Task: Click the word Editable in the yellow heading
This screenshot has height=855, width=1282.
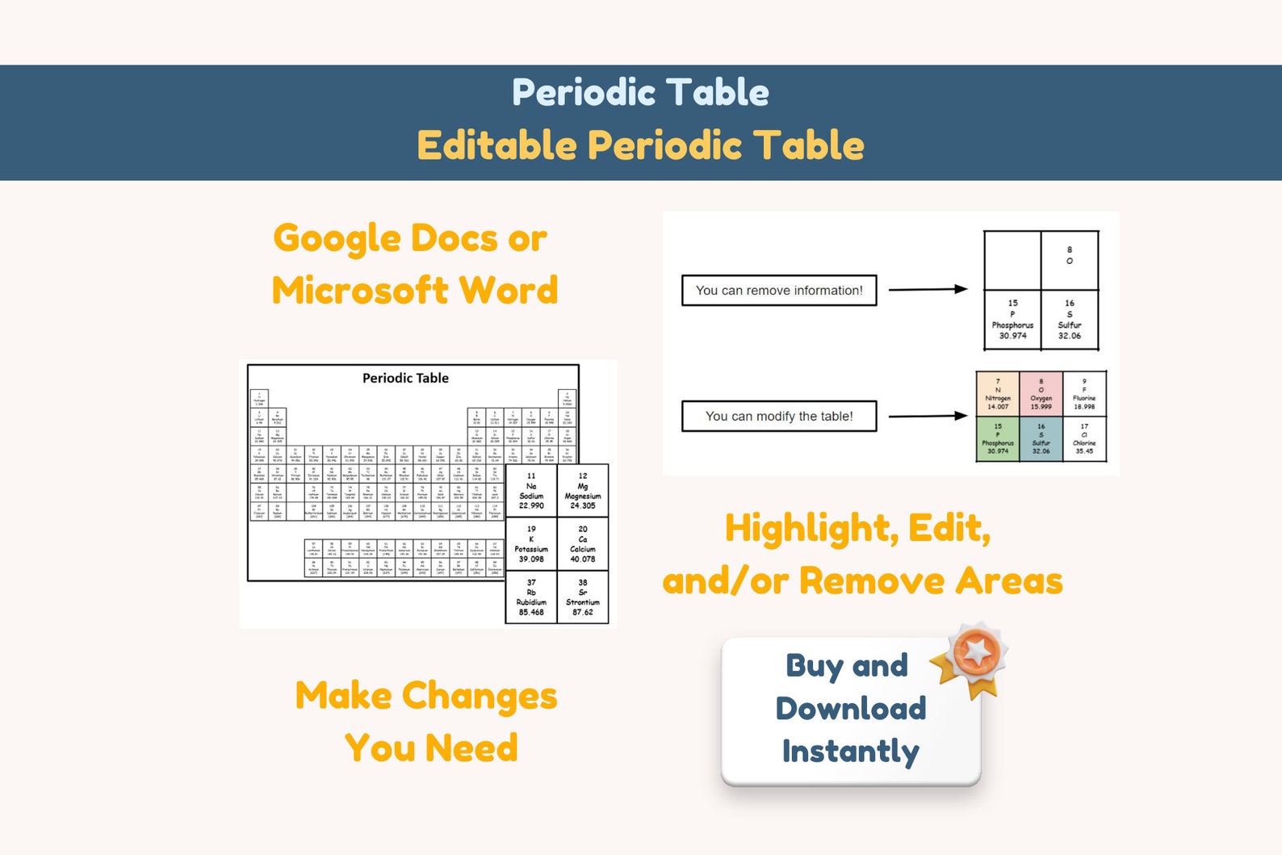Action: coord(496,146)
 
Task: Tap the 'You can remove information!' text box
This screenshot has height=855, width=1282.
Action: coord(779,291)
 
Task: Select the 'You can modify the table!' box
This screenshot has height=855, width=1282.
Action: coord(779,417)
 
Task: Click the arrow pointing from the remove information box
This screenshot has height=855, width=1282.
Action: coord(928,289)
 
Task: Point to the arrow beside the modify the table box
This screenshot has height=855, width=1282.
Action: coord(928,416)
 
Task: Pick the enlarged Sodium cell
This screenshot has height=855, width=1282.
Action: coord(531,491)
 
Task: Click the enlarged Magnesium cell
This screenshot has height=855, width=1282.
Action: coord(583,491)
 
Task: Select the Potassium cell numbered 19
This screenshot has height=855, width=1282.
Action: coord(531,544)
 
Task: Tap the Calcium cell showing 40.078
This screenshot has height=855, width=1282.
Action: coord(583,544)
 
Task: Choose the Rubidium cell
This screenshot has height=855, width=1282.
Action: coord(531,597)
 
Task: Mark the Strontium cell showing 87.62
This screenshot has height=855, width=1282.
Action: coord(583,597)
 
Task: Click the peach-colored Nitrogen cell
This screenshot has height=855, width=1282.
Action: coord(998,394)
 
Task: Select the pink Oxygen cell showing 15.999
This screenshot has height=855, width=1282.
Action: coord(1041,394)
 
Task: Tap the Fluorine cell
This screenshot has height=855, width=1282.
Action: coord(1084,394)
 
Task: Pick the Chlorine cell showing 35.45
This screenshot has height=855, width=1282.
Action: coord(1084,438)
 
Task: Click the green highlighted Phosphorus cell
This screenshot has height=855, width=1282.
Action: coord(998,438)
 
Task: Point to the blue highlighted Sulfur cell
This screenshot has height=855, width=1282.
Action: coord(1041,438)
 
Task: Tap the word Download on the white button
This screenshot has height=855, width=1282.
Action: coord(851,708)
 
